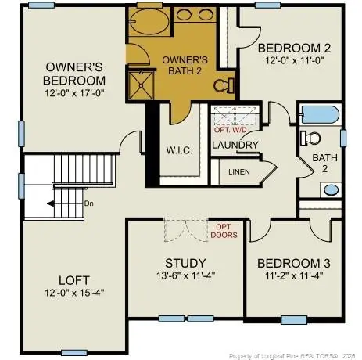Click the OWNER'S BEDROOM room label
point(75,73)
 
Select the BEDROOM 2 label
point(290,47)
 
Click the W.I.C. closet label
point(179,149)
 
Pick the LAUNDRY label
point(235,145)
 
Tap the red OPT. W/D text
point(235,129)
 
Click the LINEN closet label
point(239,171)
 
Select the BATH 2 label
point(324,163)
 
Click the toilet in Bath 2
point(311,139)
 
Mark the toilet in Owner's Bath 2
point(222,84)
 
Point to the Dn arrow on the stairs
point(56,203)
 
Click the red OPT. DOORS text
point(223,230)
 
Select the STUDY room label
point(185,262)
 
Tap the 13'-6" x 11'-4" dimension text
point(185,275)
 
